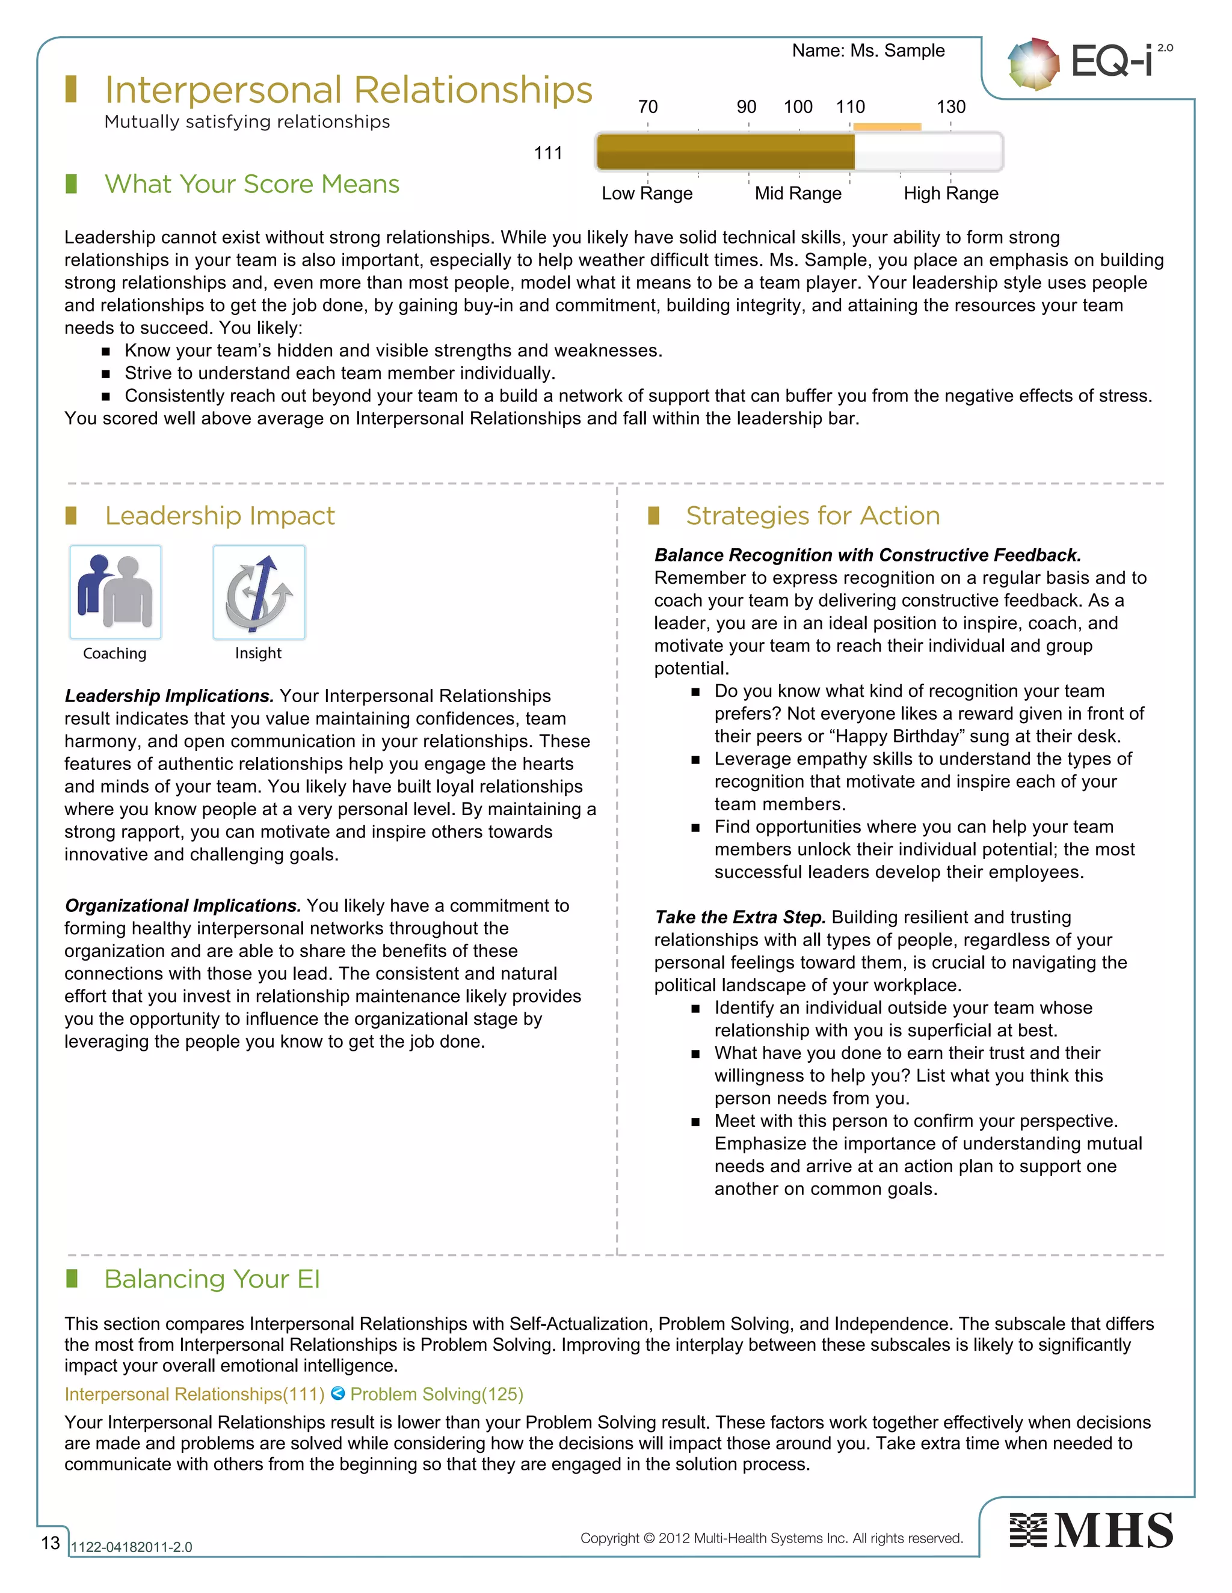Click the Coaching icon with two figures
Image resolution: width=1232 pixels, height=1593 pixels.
[x=115, y=592]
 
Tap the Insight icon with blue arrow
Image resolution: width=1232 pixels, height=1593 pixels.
[x=259, y=592]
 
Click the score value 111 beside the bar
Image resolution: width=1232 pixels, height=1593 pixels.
[x=547, y=153]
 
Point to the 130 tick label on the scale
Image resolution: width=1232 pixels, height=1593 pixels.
[x=950, y=107]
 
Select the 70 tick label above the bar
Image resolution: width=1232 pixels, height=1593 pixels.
[x=647, y=107]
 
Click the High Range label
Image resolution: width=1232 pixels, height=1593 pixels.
[x=950, y=194]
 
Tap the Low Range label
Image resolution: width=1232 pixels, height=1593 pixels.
[x=647, y=194]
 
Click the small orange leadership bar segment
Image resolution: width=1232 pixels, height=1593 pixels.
[x=887, y=127]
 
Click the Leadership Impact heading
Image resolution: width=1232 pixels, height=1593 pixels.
[x=220, y=516]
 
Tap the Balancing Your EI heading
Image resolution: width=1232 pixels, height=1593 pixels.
[x=212, y=1279]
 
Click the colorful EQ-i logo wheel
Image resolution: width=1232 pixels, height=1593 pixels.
[x=1033, y=64]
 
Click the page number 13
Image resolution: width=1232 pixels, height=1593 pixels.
[x=51, y=1543]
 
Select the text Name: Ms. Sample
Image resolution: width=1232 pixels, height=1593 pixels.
[x=868, y=50]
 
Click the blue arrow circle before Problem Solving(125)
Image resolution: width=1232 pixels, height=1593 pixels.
[x=338, y=1393]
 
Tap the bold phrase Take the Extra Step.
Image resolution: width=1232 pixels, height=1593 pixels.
[x=739, y=917]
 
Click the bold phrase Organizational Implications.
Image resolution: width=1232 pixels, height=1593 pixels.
[x=182, y=905]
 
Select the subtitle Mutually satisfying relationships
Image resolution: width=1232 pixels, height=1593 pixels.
[x=247, y=122]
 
